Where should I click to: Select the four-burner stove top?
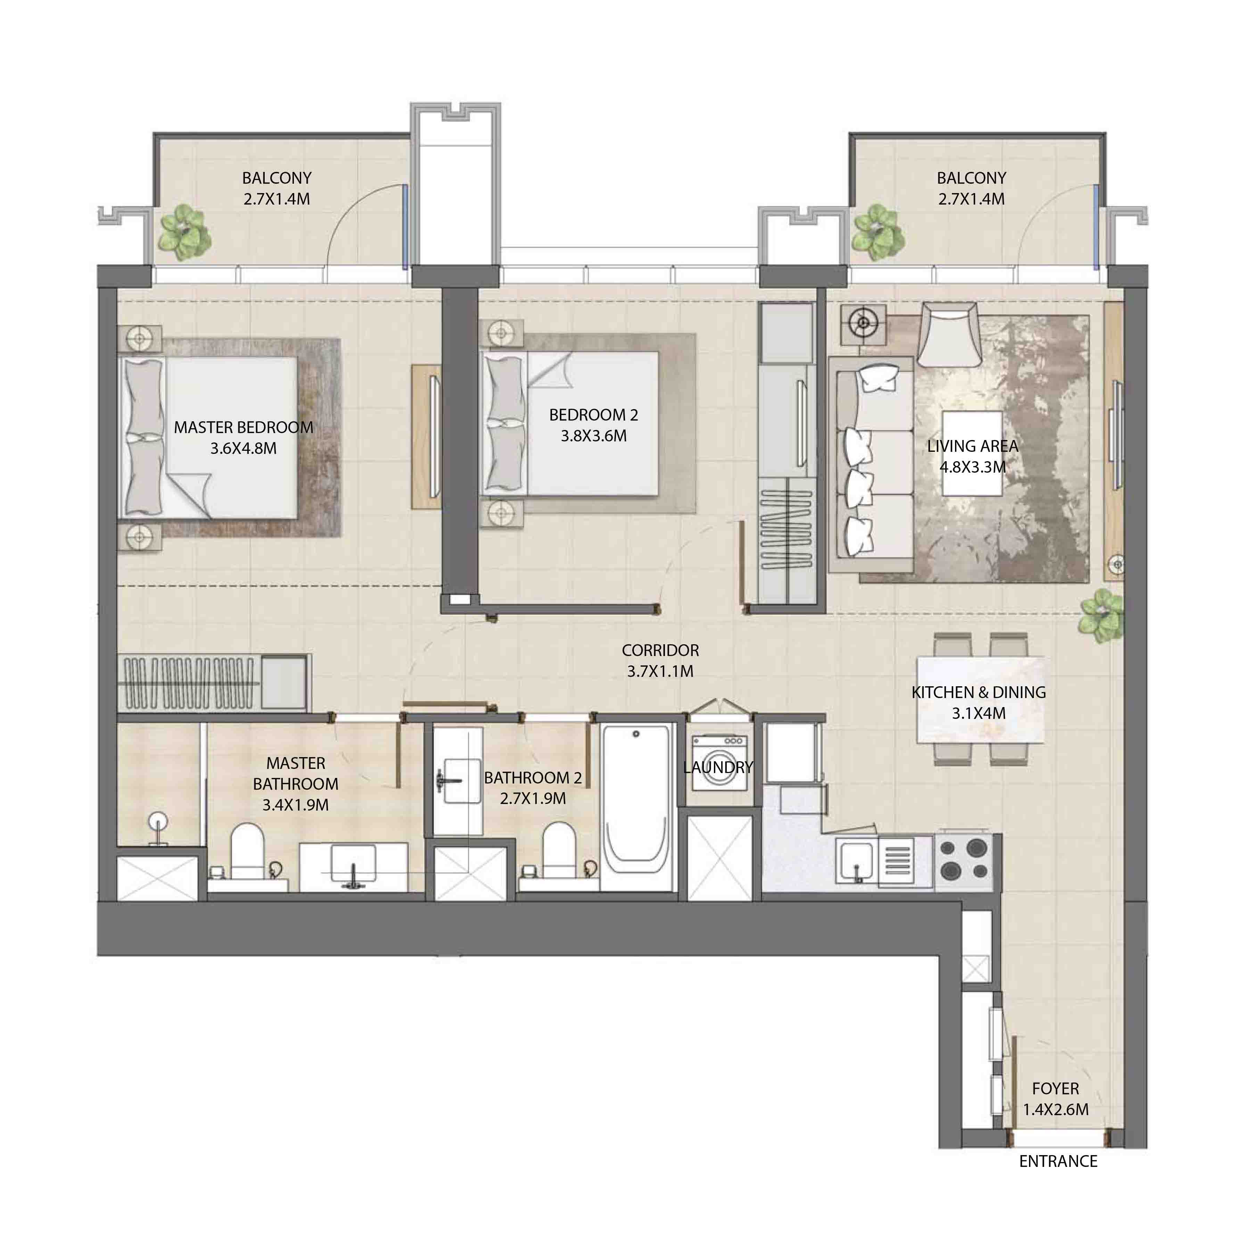963,860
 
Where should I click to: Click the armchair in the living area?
949,335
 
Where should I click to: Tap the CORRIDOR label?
660,650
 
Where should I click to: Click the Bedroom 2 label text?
593,415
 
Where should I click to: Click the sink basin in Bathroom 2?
459,781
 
